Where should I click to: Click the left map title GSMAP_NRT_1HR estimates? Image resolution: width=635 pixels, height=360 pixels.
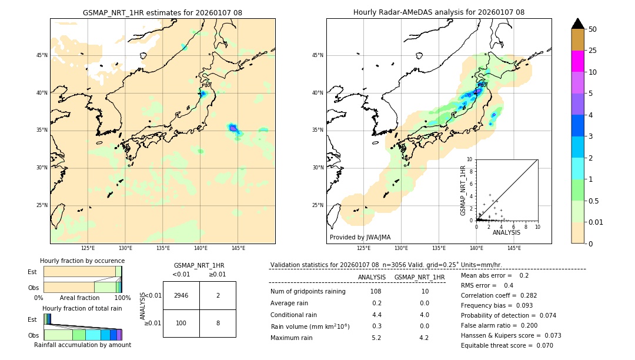click(162, 12)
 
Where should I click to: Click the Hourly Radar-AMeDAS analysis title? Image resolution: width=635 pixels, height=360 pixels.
click(439, 12)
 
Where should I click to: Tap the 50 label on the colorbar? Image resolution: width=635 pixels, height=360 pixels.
click(593, 29)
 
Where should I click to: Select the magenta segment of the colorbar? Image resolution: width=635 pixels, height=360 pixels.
click(577, 61)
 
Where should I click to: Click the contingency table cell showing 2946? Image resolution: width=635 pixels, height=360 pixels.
click(181, 295)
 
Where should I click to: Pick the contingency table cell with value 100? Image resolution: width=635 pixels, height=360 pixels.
click(181, 323)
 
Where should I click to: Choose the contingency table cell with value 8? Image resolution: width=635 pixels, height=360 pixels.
click(218, 323)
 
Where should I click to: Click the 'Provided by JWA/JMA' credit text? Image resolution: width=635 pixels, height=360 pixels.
click(360, 238)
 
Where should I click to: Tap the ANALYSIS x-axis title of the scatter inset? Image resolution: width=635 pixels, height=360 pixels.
click(506, 232)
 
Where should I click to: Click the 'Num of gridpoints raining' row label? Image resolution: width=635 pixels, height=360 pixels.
click(308, 292)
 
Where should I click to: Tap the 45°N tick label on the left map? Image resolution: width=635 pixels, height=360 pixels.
click(42, 55)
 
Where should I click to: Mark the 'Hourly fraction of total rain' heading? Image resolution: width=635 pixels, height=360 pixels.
click(82, 308)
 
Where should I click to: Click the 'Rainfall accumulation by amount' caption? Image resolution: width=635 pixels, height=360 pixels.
click(82, 345)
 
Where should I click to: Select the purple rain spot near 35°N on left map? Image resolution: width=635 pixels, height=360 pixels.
click(233, 128)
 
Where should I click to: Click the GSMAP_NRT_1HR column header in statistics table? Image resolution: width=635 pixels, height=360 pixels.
click(419, 277)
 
